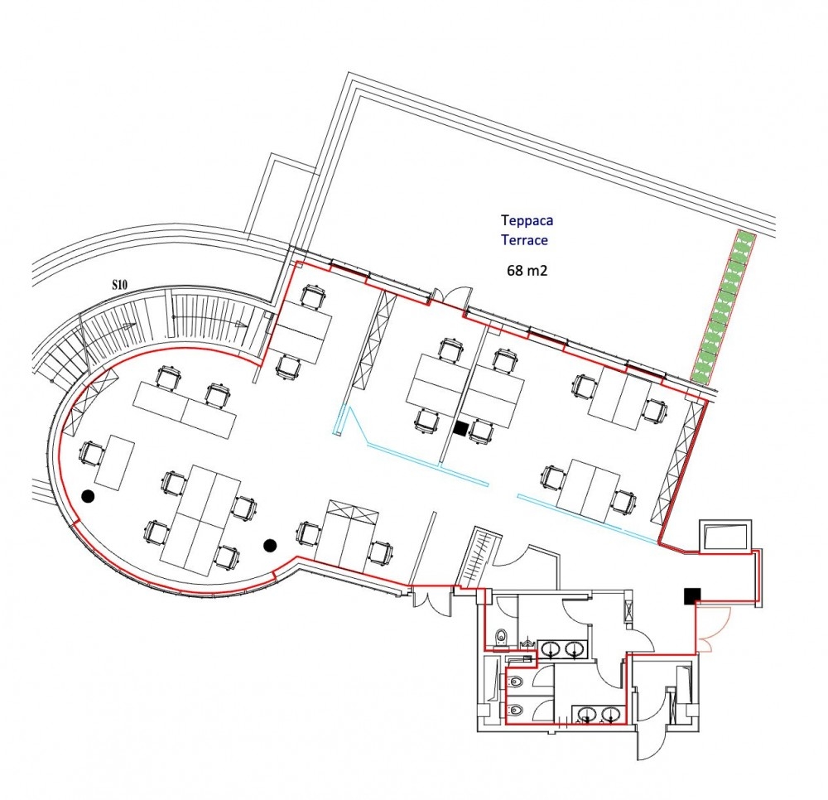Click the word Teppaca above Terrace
(527, 220)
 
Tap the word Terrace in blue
(524, 240)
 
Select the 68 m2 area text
(527, 271)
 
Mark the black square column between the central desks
(461, 429)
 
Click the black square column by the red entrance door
(692, 595)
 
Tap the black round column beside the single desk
(88, 495)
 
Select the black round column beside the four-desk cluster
(270, 545)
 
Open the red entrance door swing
(707, 629)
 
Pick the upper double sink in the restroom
(562, 649)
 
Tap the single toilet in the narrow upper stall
(501, 638)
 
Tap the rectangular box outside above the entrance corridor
(725, 537)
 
